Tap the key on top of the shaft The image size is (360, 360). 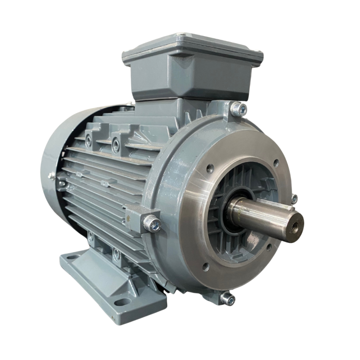[270, 203]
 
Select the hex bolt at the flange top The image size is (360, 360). [239, 108]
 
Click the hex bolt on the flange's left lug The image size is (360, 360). [151, 221]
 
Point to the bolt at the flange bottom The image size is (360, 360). [228, 297]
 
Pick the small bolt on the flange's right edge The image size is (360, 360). [294, 198]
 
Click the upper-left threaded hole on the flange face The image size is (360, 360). [210, 168]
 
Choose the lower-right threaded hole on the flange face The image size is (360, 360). [269, 247]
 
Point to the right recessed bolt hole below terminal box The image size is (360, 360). [117, 143]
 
